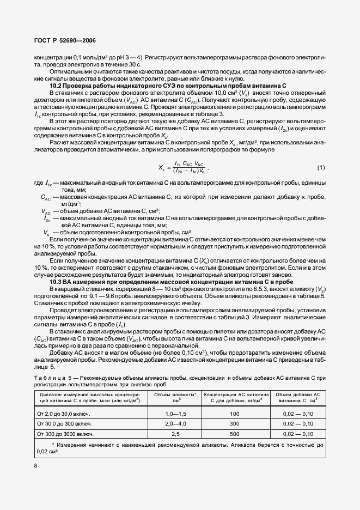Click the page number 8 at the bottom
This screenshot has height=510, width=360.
pyautogui.click(x=35, y=465)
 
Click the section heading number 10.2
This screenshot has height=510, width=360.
pyautogui.click(x=57, y=86)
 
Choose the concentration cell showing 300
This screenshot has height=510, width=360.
pyautogui.click(x=234, y=424)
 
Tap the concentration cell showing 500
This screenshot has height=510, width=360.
pyautogui.click(x=234, y=434)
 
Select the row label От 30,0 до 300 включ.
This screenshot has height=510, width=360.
pyautogui.click(x=65, y=424)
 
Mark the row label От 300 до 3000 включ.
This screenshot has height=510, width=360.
pyautogui.click(x=65, y=434)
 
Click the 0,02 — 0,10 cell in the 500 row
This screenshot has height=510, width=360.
pyautogui.click(x=298, y=434)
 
